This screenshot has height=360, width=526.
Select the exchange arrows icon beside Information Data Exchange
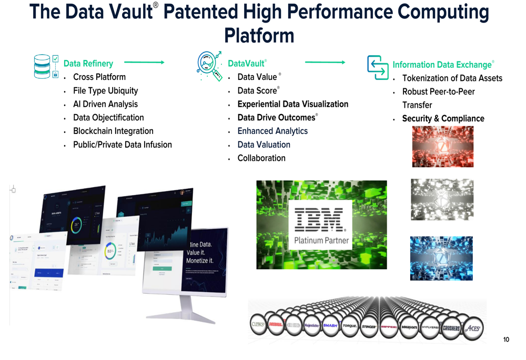click(x=377, y=67)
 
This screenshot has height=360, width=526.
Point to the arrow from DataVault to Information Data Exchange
click(x=325, y=63)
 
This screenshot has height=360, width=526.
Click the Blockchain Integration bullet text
click(x=113, y=131)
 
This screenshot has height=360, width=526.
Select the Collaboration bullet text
click(x=261, y=158)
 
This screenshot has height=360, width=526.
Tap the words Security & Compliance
click(x=443, y=118)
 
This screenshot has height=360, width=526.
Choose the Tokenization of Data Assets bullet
click(x=452, y=78)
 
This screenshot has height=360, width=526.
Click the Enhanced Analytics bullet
click(x=272, y=131)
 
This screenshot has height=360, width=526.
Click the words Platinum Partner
click(x=320, y=241)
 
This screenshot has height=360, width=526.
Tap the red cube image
click(x=442, y=146)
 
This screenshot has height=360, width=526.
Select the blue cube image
click(x=441, y=258)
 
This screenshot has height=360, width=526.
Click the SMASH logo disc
click(x=330, y=325)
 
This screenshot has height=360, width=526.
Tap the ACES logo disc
click(x=472, y=327)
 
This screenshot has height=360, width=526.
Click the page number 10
click(x=506, y=340)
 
